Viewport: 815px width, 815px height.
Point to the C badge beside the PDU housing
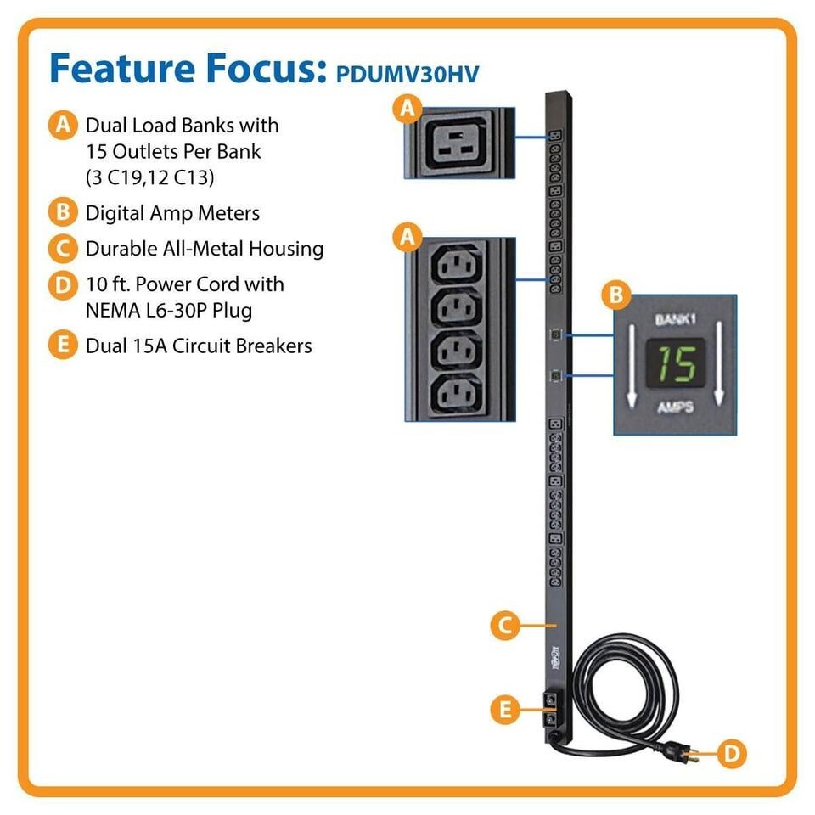(504, 626)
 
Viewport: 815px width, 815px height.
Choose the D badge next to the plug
(731, 752)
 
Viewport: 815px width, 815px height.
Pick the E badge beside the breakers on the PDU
(506, 710)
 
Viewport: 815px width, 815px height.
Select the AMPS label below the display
(675, 407)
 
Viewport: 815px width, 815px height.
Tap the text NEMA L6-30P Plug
(168, 310)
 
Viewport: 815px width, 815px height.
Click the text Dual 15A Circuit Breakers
(198, 346)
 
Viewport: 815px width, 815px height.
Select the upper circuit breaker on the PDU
(550, 701)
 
